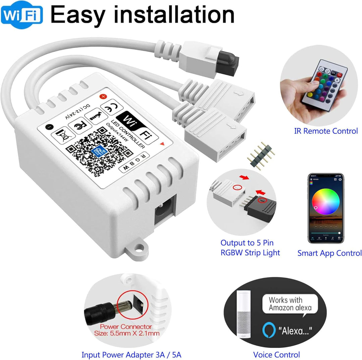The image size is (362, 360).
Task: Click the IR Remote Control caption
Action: click(326, 131)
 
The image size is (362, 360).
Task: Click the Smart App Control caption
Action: click(329, 253)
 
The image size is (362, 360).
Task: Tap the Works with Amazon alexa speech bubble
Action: click(290, 304)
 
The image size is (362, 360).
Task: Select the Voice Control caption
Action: click(277, 354)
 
